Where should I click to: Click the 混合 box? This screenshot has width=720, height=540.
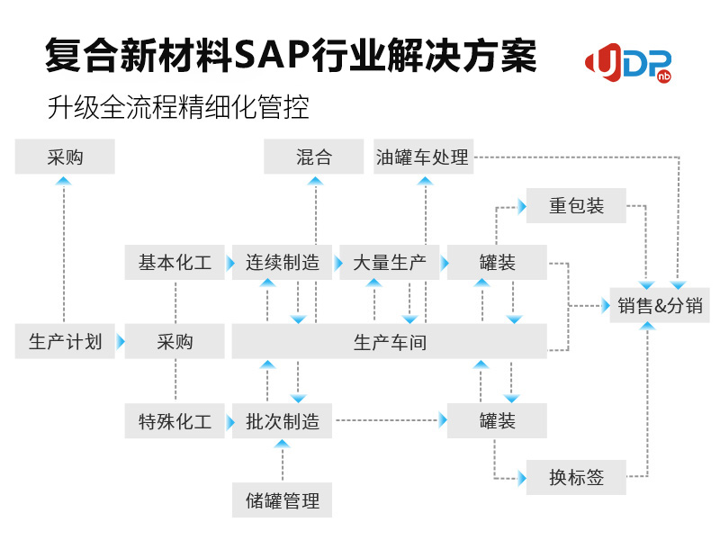tap(313, 157)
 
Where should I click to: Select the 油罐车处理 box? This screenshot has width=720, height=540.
tap(423, 157)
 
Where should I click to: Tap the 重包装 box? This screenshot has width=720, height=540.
tap(576, 206)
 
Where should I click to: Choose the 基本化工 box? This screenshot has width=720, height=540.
tap(175, 262)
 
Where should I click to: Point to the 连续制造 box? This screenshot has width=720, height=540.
tap(282, 262)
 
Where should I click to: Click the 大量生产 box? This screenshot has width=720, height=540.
tap(390, 262)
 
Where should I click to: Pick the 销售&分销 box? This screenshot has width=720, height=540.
tap(660, 305)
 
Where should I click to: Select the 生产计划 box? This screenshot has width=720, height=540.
tap(65, 341)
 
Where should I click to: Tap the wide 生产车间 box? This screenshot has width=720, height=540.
tap(390, 341)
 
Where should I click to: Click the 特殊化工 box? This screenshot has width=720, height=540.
tap(175, 420)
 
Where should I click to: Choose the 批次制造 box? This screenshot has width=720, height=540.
tap(282, 420)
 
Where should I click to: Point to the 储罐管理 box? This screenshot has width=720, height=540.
tap(282, 500)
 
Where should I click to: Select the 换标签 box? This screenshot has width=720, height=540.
tap(576, 478)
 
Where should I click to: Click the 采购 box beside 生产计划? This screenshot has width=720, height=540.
tap(175, 341)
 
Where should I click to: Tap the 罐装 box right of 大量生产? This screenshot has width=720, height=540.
tap(498, 262)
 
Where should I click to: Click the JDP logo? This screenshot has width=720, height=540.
tap(628, 63)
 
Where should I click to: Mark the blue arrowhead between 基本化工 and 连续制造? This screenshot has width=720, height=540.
tap(230, 263)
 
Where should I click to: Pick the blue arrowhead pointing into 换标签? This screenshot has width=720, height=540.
tap(522, 479)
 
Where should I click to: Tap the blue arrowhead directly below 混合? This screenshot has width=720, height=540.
tap(316, 181)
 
